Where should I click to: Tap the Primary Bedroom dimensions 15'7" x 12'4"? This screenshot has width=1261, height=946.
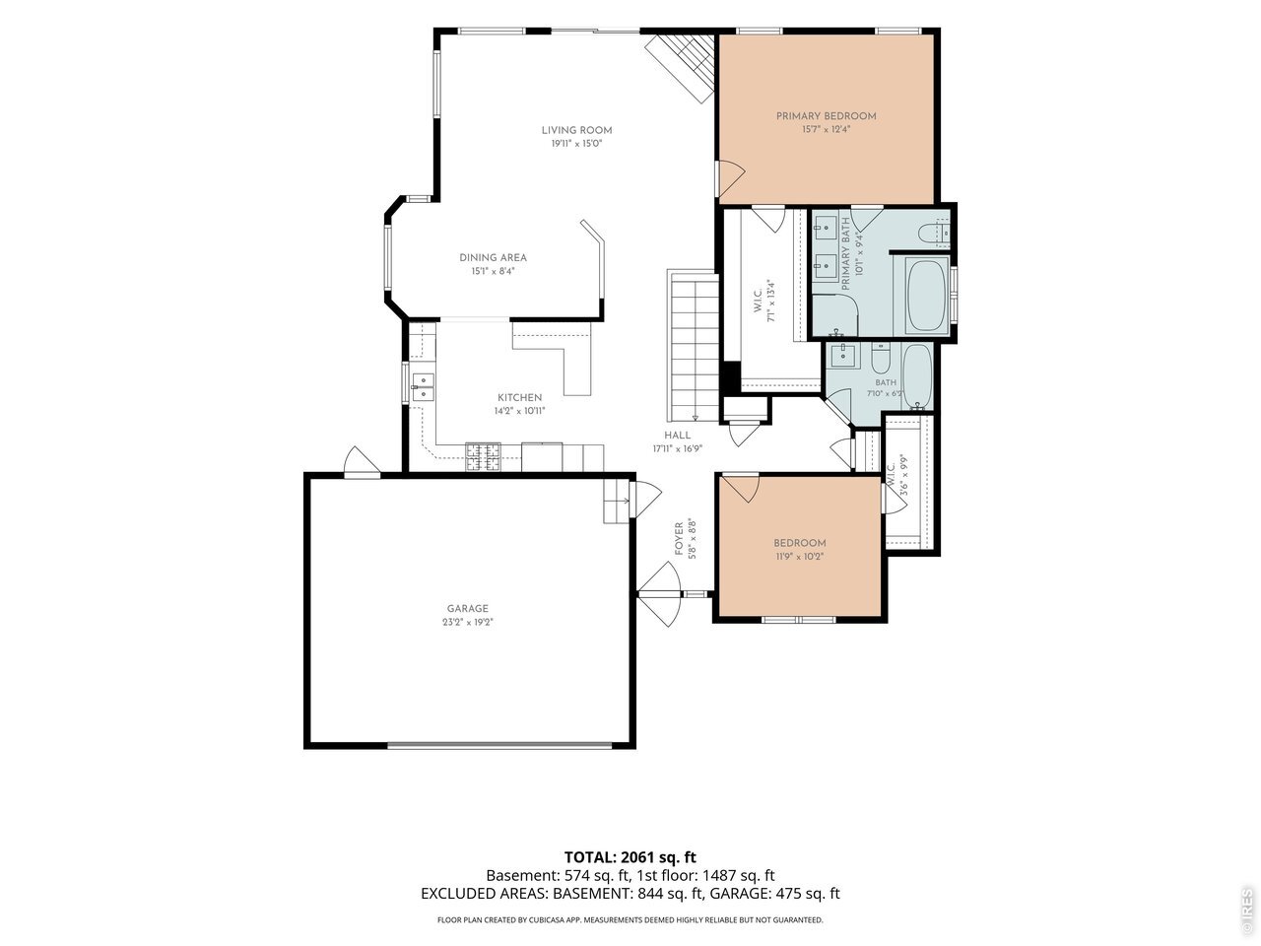tap(826, 129)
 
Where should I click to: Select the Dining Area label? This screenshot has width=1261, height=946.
tap(493, 258)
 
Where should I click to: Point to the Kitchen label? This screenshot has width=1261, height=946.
tap(519, 397)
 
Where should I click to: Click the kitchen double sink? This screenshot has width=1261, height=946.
tap(423, 386)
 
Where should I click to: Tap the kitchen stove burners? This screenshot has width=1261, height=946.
tap(483, 456)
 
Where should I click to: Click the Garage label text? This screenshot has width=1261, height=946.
tap(468, 608)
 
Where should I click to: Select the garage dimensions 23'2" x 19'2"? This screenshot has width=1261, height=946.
tap(468, 622)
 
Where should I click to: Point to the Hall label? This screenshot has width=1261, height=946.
tap(678, 436)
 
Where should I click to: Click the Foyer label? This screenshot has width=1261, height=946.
tap(679, 539)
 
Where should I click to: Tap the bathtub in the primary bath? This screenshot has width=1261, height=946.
tap(927, 295)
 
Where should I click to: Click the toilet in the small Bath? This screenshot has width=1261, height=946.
tap(881, 358)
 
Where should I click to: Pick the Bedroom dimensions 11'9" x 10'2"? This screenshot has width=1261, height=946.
tap(799, 556)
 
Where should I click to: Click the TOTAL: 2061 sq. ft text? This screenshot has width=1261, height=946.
tap(630, 857)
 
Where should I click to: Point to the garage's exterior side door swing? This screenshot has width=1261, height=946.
tap(361, 462)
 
